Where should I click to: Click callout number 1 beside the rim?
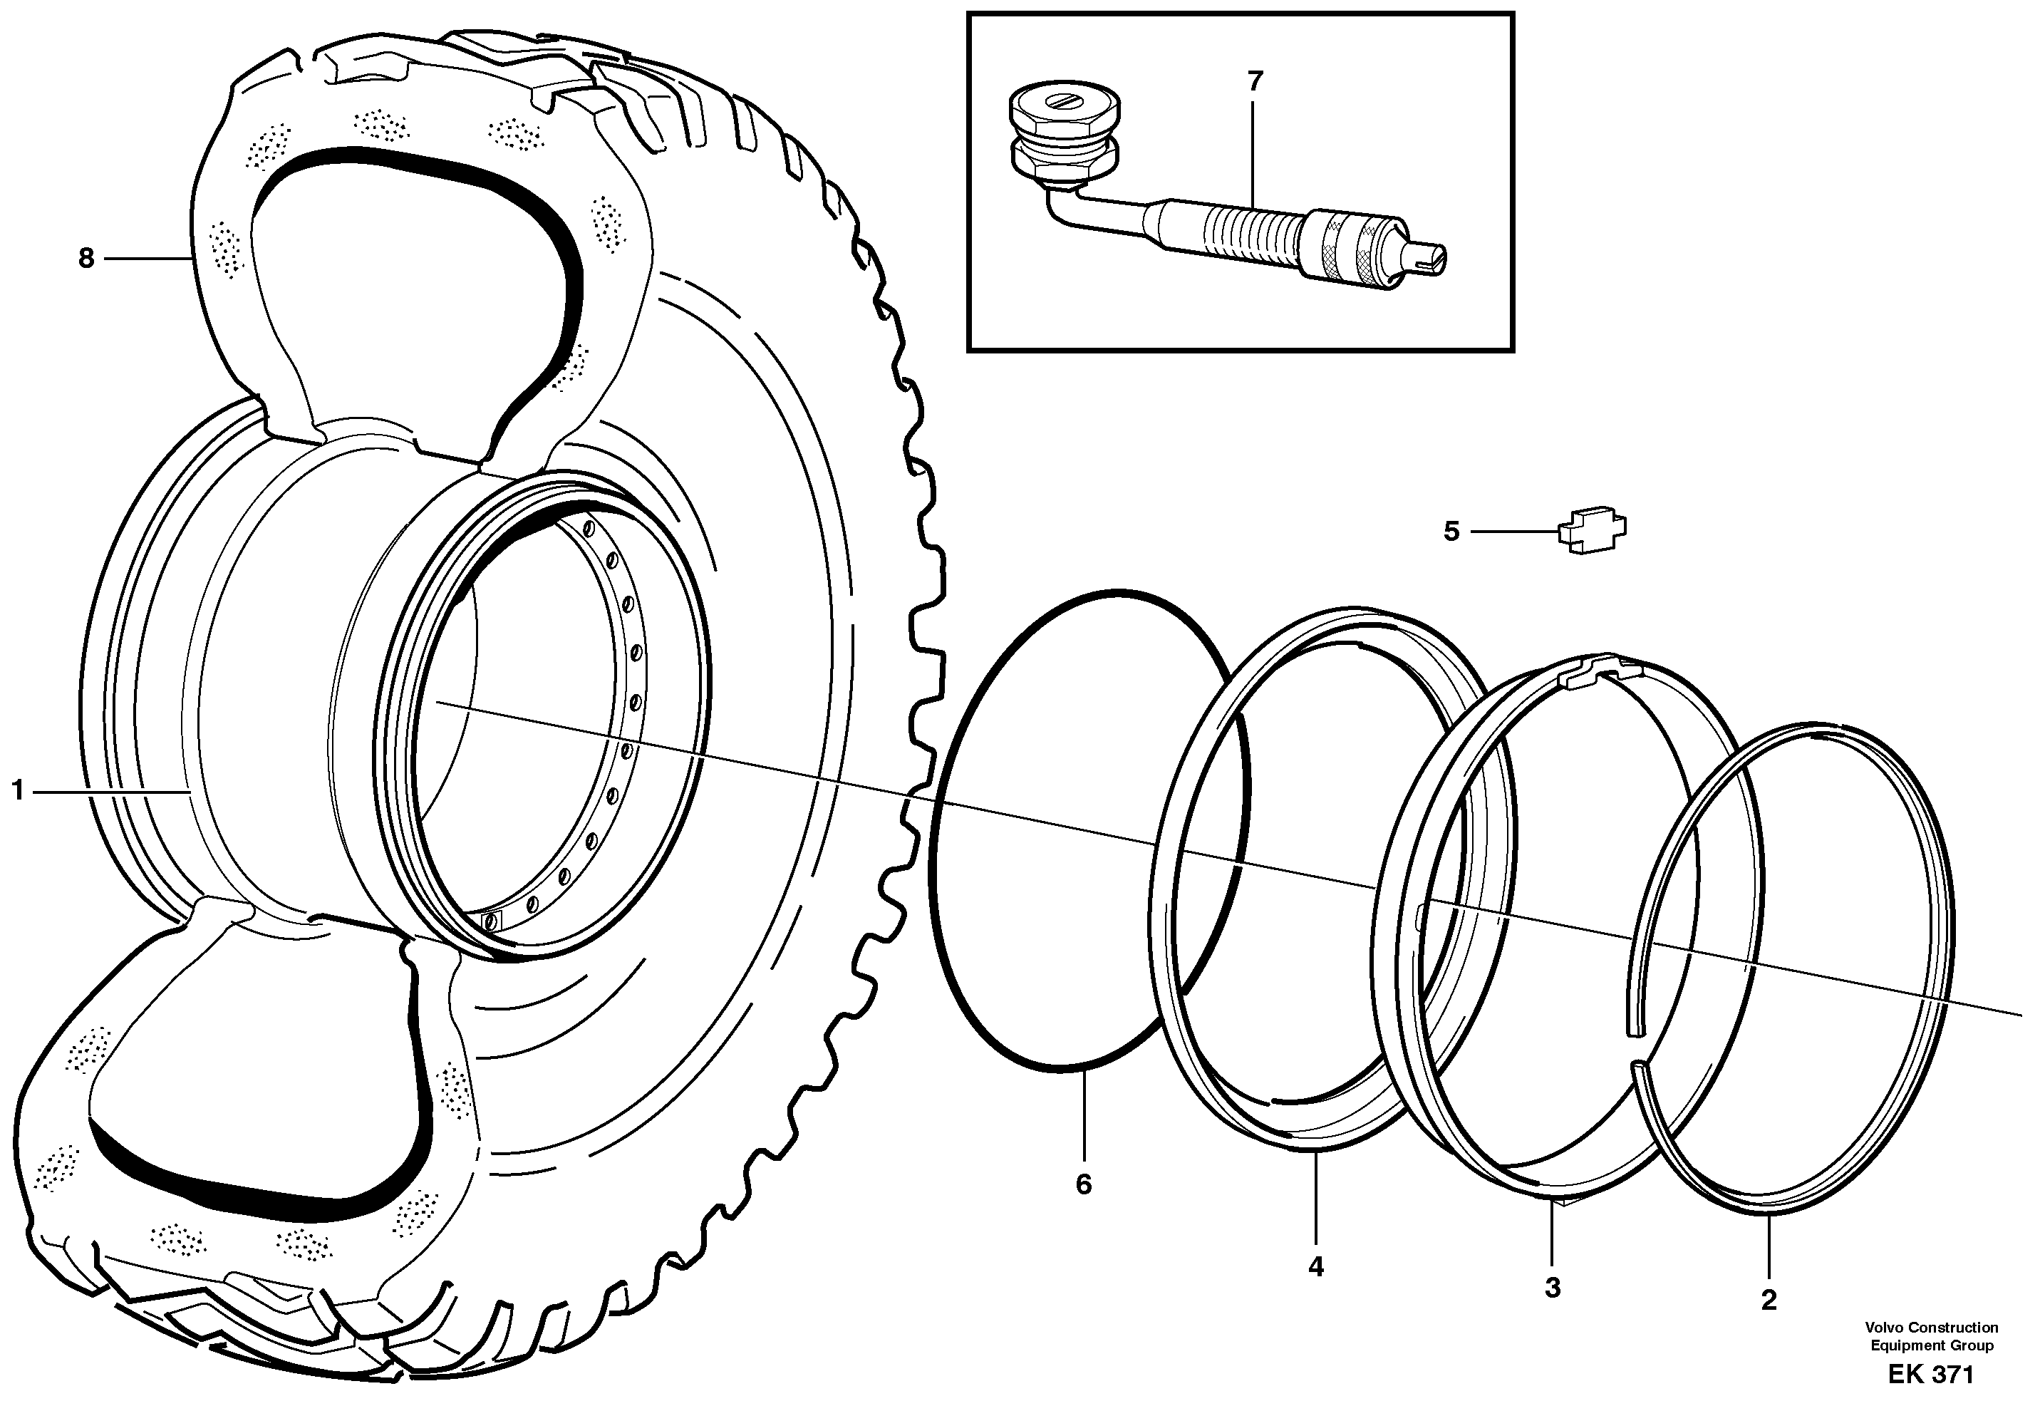(x=16, y=792)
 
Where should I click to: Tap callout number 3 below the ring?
(x=1553, y=1288)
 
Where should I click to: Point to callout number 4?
(x=1315, y=1267)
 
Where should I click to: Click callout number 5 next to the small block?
(x=1451, y=531)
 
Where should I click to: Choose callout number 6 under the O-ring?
(x=1083, y=1184)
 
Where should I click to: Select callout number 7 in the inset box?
(x=1253, y=82)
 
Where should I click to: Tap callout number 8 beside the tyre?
(x=85, y=258)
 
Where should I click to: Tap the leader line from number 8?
(x=149, y=258)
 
